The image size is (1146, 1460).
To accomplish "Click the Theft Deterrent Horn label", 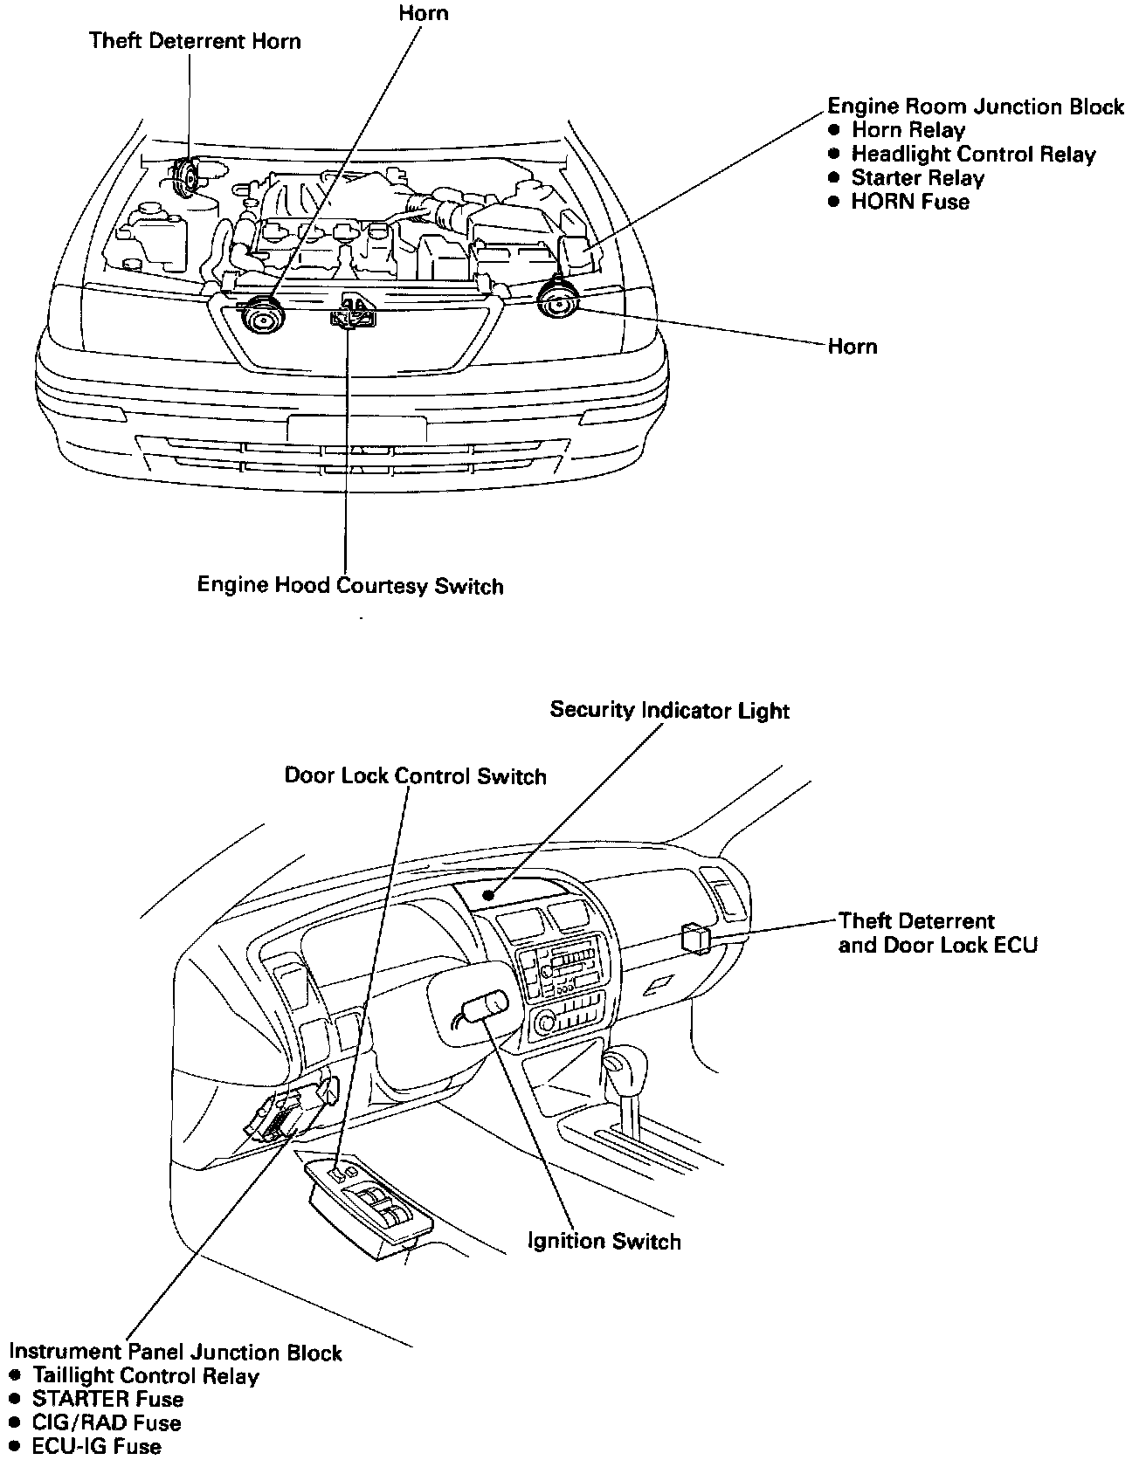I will tap(195, 41).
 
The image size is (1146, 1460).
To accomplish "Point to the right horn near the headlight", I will tap(556, 300).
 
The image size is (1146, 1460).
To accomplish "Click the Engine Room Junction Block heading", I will tap(975, 107).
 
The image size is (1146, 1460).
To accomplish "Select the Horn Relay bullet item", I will tap(908, 130).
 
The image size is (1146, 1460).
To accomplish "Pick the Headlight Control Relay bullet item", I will tap(973, 155).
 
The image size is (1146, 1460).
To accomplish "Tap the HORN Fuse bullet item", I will tap(910, 202).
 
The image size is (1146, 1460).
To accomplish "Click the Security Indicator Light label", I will tap(669, 710).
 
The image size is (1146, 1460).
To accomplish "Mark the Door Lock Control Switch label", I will tap(415, 776).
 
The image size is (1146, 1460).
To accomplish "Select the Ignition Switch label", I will tap(604, 1241).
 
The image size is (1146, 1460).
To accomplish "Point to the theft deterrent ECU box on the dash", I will tap(696, 937).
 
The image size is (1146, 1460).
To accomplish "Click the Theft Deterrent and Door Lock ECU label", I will tap(937, 933).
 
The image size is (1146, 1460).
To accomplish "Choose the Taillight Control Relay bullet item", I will tap(145, 1376).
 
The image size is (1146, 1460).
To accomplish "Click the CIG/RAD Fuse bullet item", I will tap(107, 1423).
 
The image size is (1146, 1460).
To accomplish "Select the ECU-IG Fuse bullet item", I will tap(96, 1447).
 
